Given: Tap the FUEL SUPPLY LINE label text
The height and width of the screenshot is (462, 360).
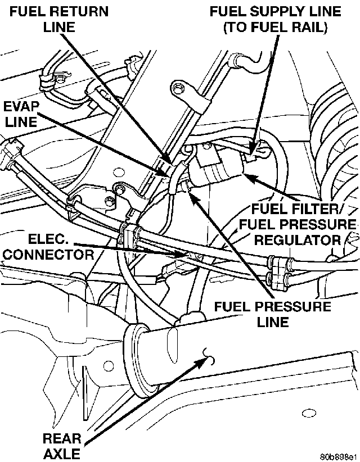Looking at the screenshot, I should pyautogui.click(x=275, y=11).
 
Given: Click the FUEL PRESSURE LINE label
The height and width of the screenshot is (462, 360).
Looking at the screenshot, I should pyautogui.click(x=272, y=314).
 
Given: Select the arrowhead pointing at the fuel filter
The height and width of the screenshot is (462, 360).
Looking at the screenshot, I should pyautogui.click(x=248, y=176).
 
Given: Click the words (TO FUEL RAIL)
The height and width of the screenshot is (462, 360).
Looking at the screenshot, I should pyautogui.click(x=274, y=27).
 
